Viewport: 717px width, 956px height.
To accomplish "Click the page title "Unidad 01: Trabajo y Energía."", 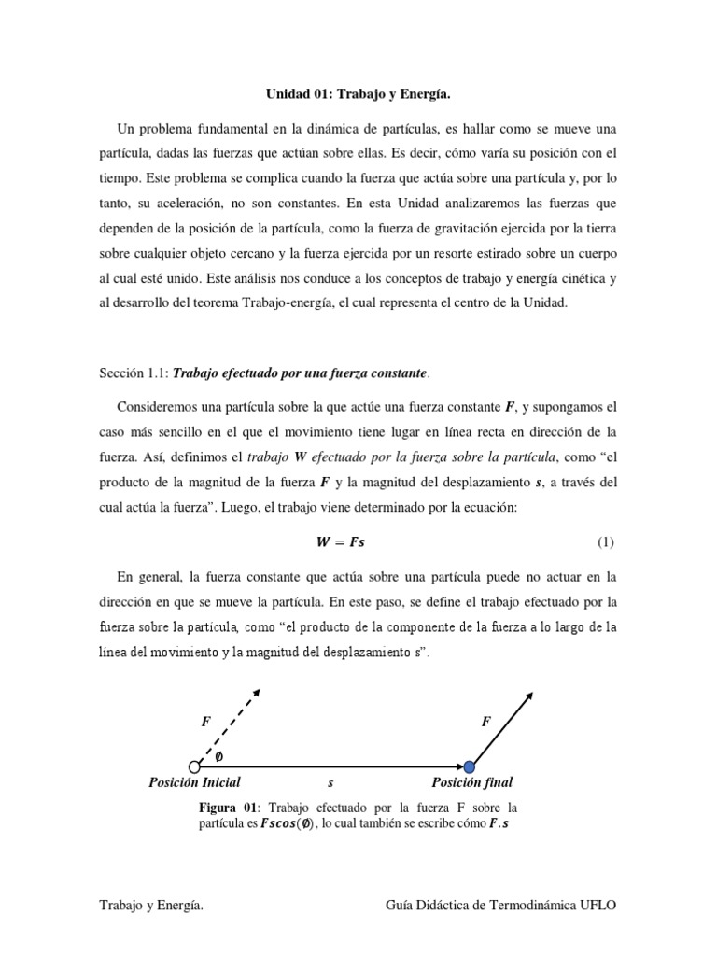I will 358,93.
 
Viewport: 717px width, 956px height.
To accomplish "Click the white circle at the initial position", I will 194,767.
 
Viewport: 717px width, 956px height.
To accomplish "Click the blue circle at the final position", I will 471,767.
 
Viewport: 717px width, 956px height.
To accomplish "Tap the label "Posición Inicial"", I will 194,783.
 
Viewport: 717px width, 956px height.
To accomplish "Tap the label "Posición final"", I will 471,783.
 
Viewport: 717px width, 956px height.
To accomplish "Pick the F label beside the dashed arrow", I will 206,722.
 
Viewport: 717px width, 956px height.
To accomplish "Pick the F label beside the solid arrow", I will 485,722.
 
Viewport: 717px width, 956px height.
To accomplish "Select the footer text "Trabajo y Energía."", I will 151,907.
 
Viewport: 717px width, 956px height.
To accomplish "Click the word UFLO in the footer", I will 597,907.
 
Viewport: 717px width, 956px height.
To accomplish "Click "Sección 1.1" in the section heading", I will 132,373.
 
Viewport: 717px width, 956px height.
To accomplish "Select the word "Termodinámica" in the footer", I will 523,907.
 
